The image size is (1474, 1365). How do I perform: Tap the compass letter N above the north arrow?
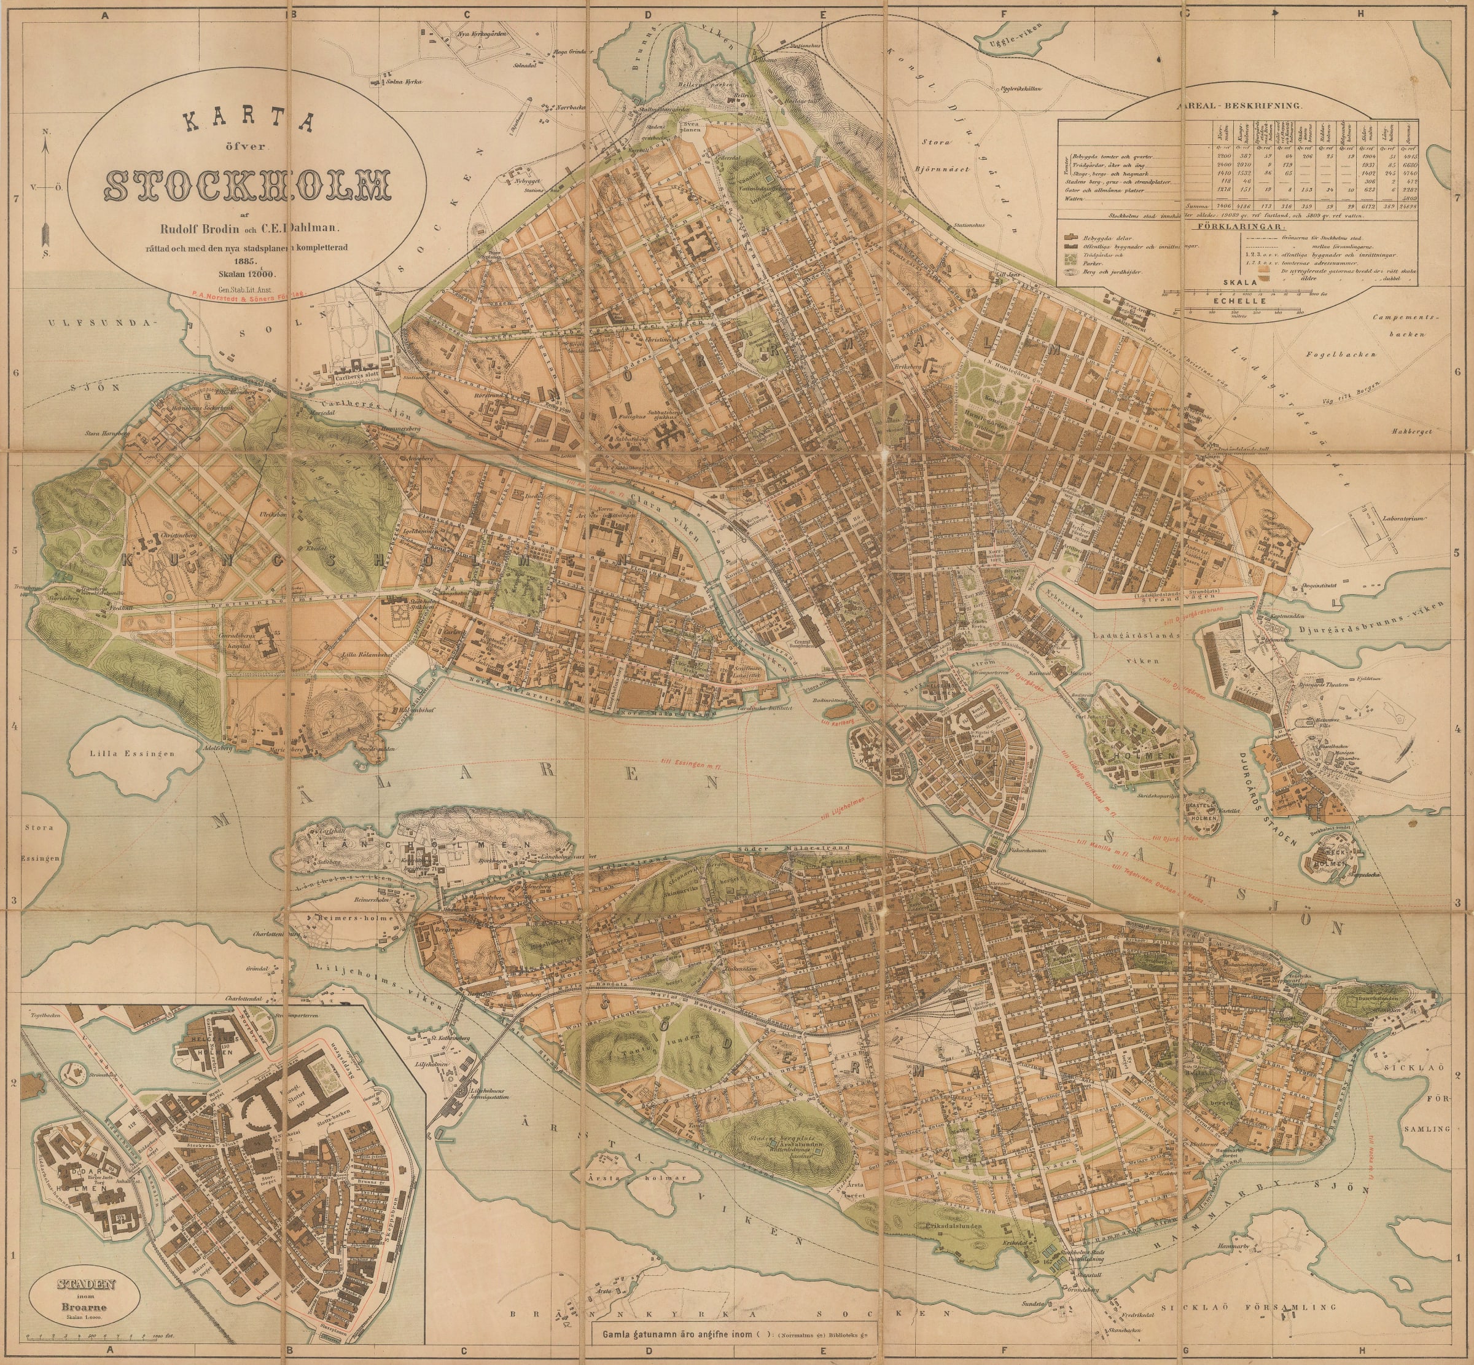[47, 131]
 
